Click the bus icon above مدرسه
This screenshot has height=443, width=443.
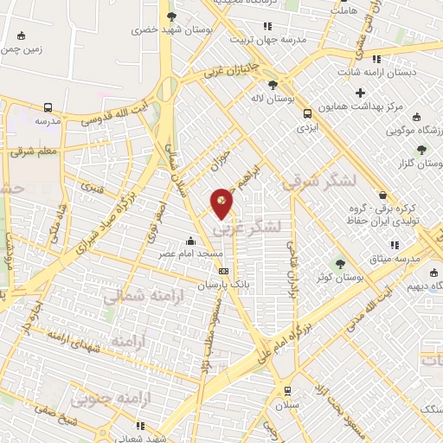point(48,108)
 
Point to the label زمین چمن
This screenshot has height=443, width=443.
point(22,49)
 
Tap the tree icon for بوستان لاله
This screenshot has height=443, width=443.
point(273,85)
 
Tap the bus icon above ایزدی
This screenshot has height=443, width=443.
point(305,112)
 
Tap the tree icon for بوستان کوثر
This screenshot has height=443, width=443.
point(338,263)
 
